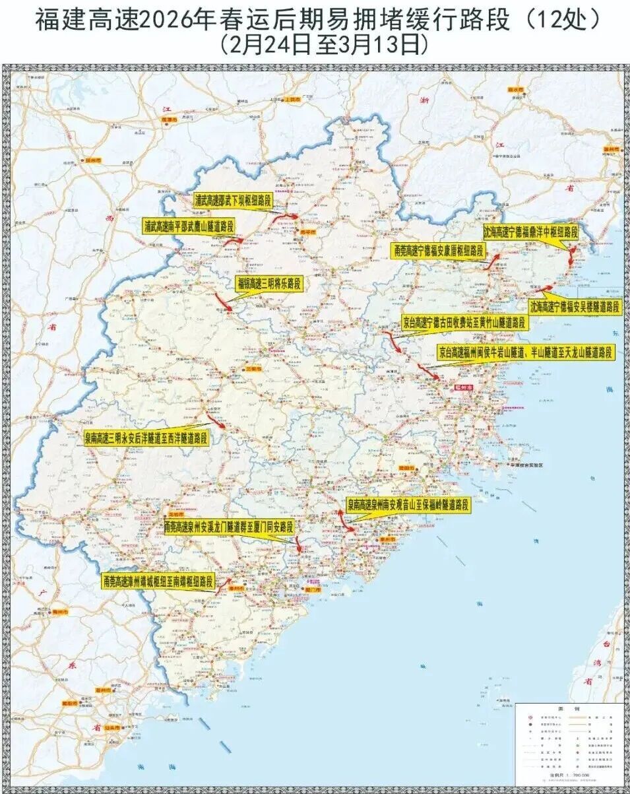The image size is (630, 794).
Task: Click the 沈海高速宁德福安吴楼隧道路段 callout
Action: tap(576, 306)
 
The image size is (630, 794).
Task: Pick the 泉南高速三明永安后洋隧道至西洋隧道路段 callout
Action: tap(146, 438)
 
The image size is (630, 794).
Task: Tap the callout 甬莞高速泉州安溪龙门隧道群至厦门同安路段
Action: tap(228, 528)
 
